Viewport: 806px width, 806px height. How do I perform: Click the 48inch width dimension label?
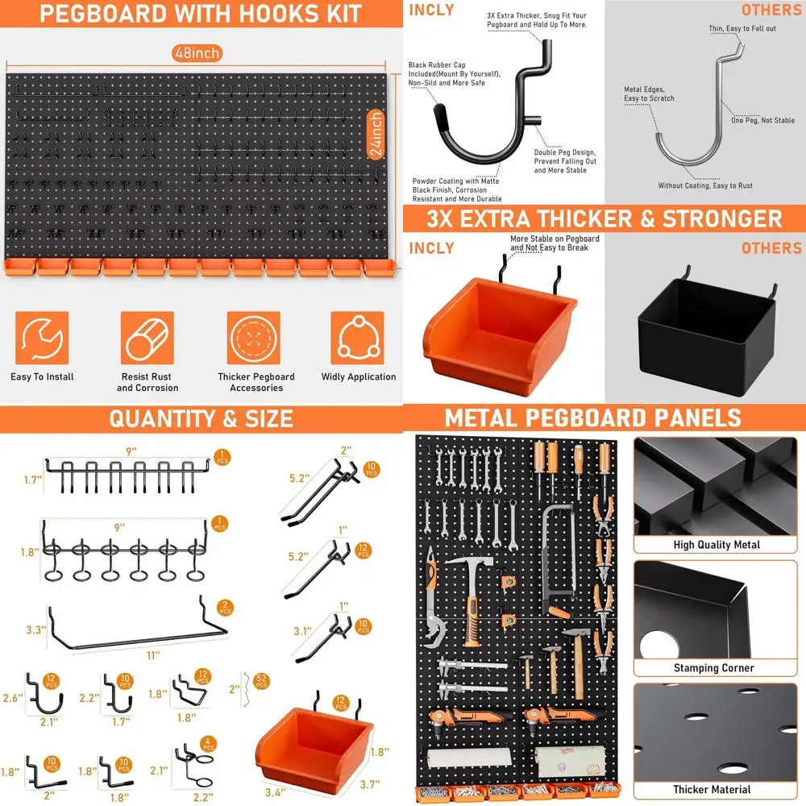point(197,53)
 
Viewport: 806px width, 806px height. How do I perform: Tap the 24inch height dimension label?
point(376,135)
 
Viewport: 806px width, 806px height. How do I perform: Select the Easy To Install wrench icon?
point(42,339)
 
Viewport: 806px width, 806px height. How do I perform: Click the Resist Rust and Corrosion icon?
point(147,339)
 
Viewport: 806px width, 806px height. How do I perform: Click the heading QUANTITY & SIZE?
point(201,418)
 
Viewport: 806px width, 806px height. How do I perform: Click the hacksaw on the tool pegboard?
point(556,556)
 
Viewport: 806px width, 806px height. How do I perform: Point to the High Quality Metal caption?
point(717,545)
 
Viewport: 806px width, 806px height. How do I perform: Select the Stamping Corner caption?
point(714,668)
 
